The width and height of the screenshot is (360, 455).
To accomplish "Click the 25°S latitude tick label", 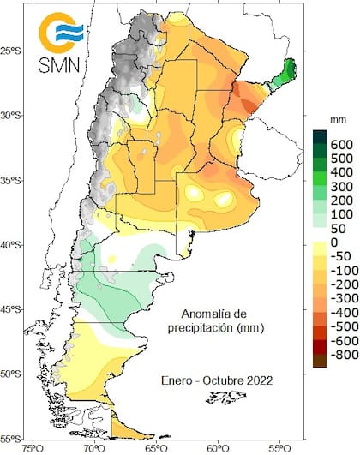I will [x=15, y=51].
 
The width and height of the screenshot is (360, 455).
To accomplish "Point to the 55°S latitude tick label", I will [x=15, y=438].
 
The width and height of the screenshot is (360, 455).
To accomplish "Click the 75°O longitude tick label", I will [x=33, y=447].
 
